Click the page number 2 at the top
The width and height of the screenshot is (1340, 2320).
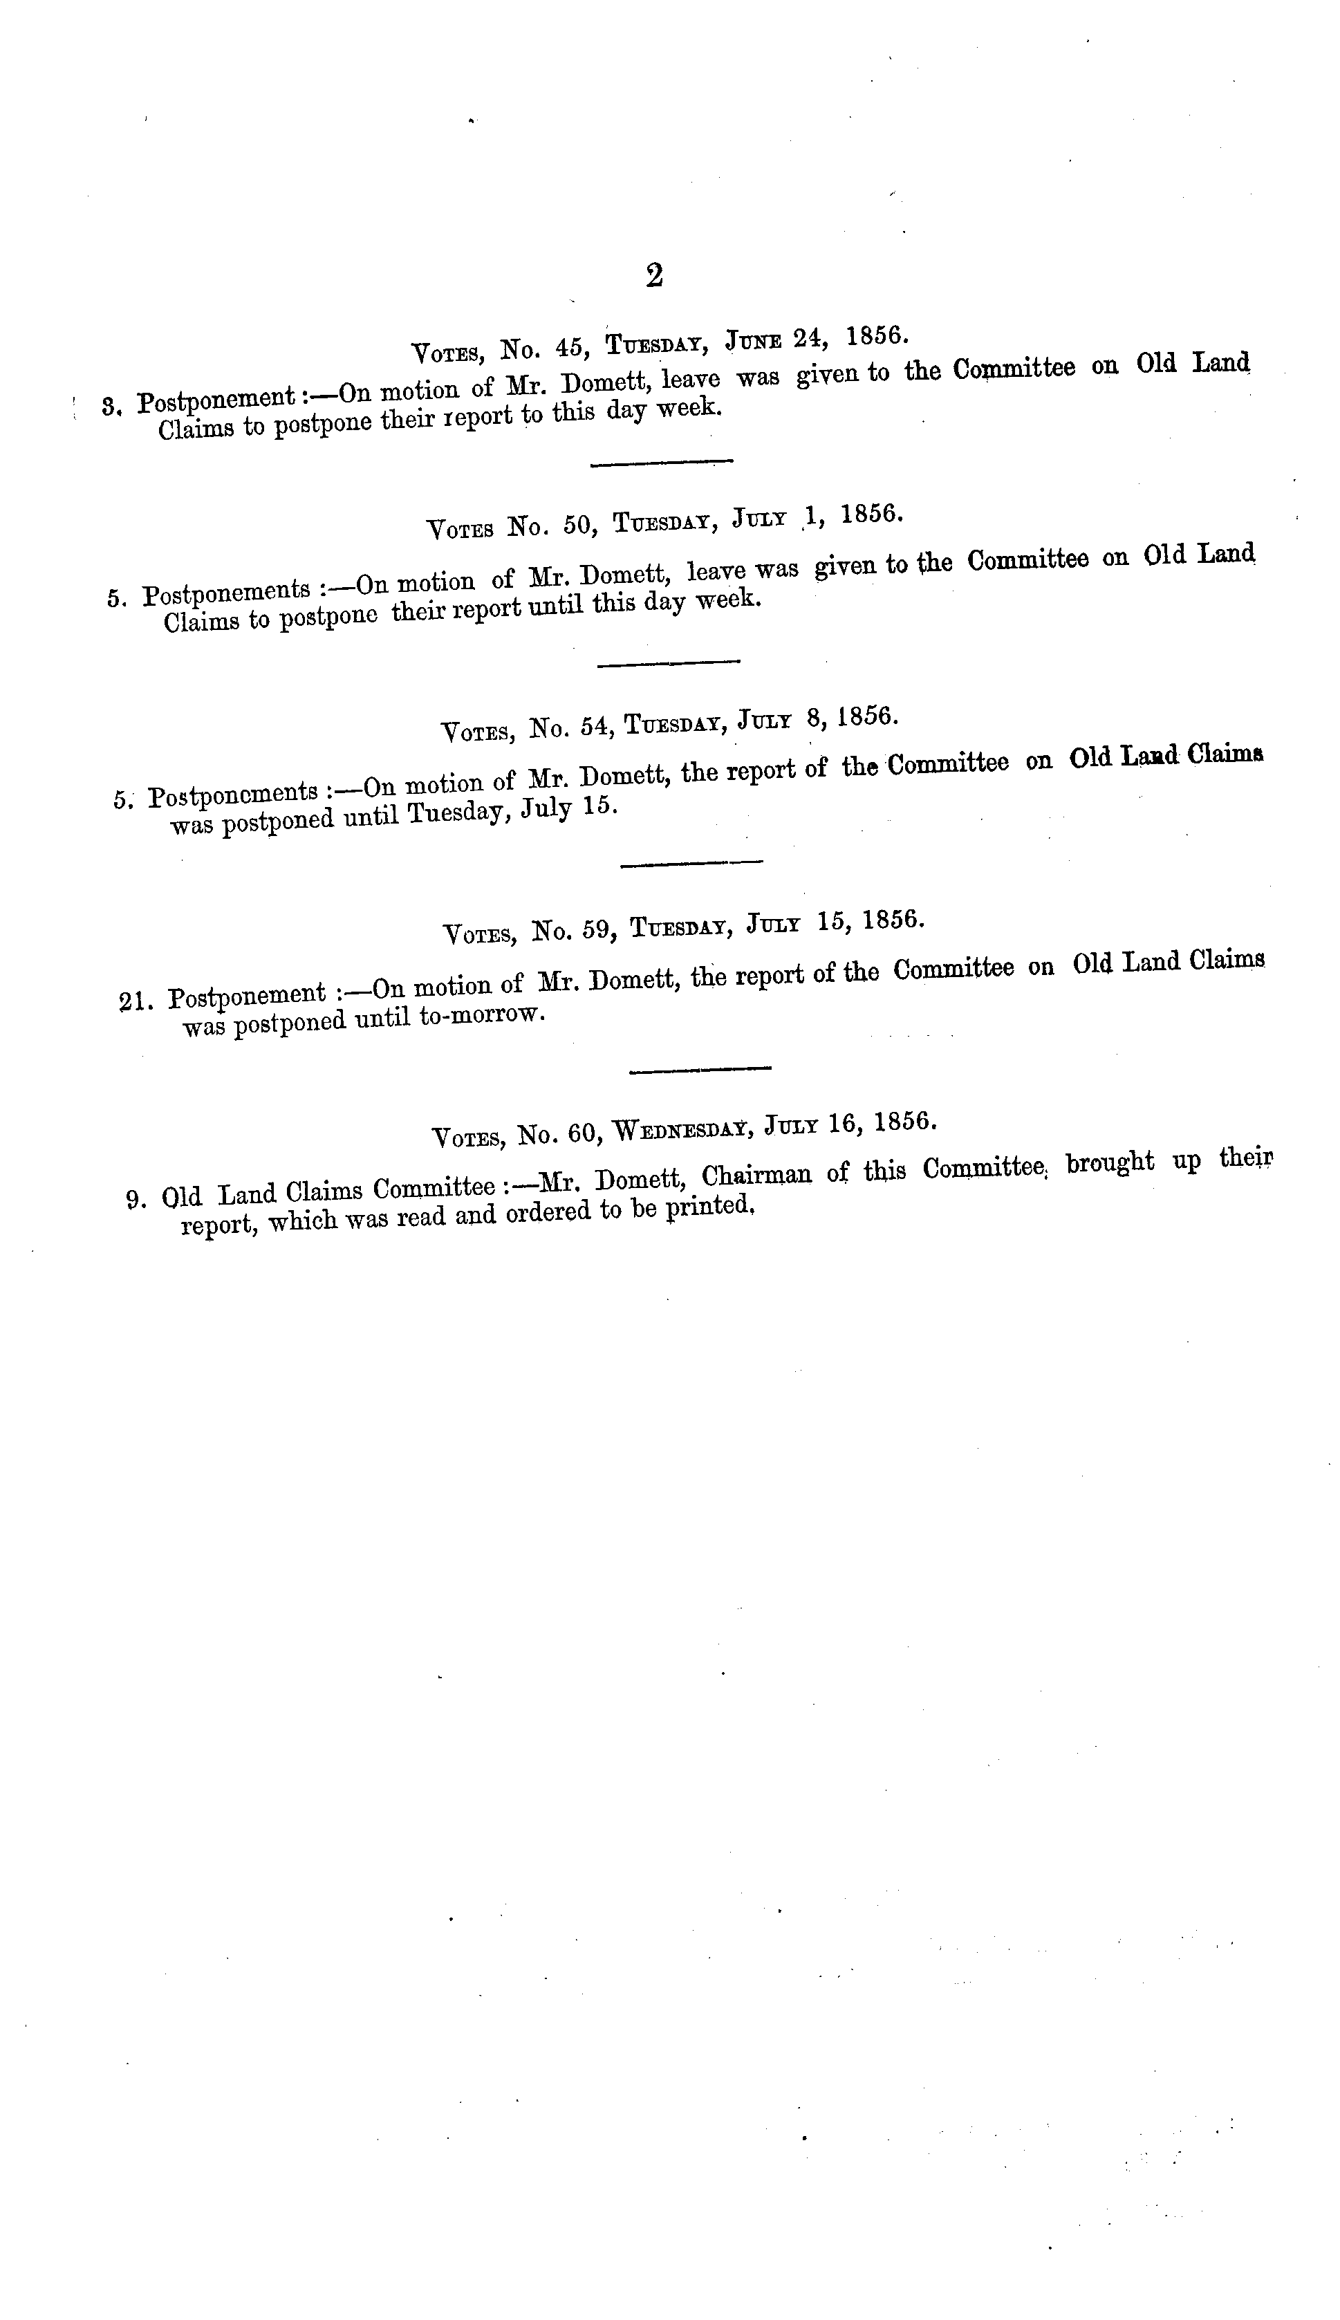(x=654, y=275)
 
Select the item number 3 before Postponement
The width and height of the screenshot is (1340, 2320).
(x=111, y=406)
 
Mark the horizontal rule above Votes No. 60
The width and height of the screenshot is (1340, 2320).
(x=700, y=1068)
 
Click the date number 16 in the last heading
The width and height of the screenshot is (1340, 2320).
(x=843, y=1124)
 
